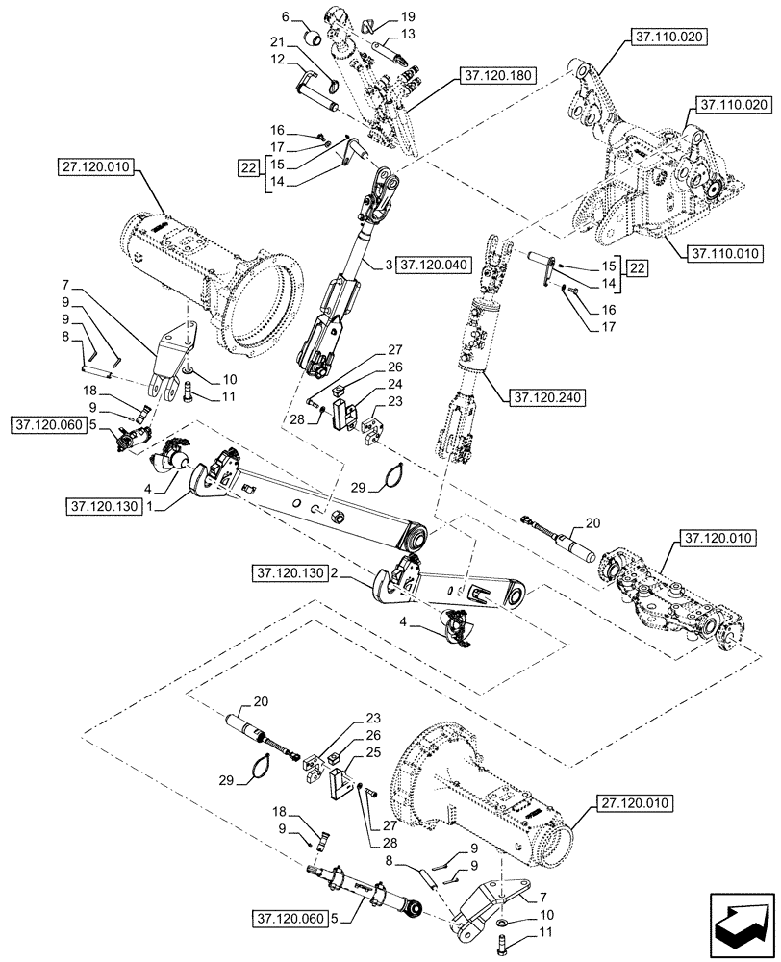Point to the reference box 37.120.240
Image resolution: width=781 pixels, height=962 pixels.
tap(522, 393)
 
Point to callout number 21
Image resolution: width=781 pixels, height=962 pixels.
tap(278, 44)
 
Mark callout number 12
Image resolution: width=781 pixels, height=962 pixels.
tap(278, 61)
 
